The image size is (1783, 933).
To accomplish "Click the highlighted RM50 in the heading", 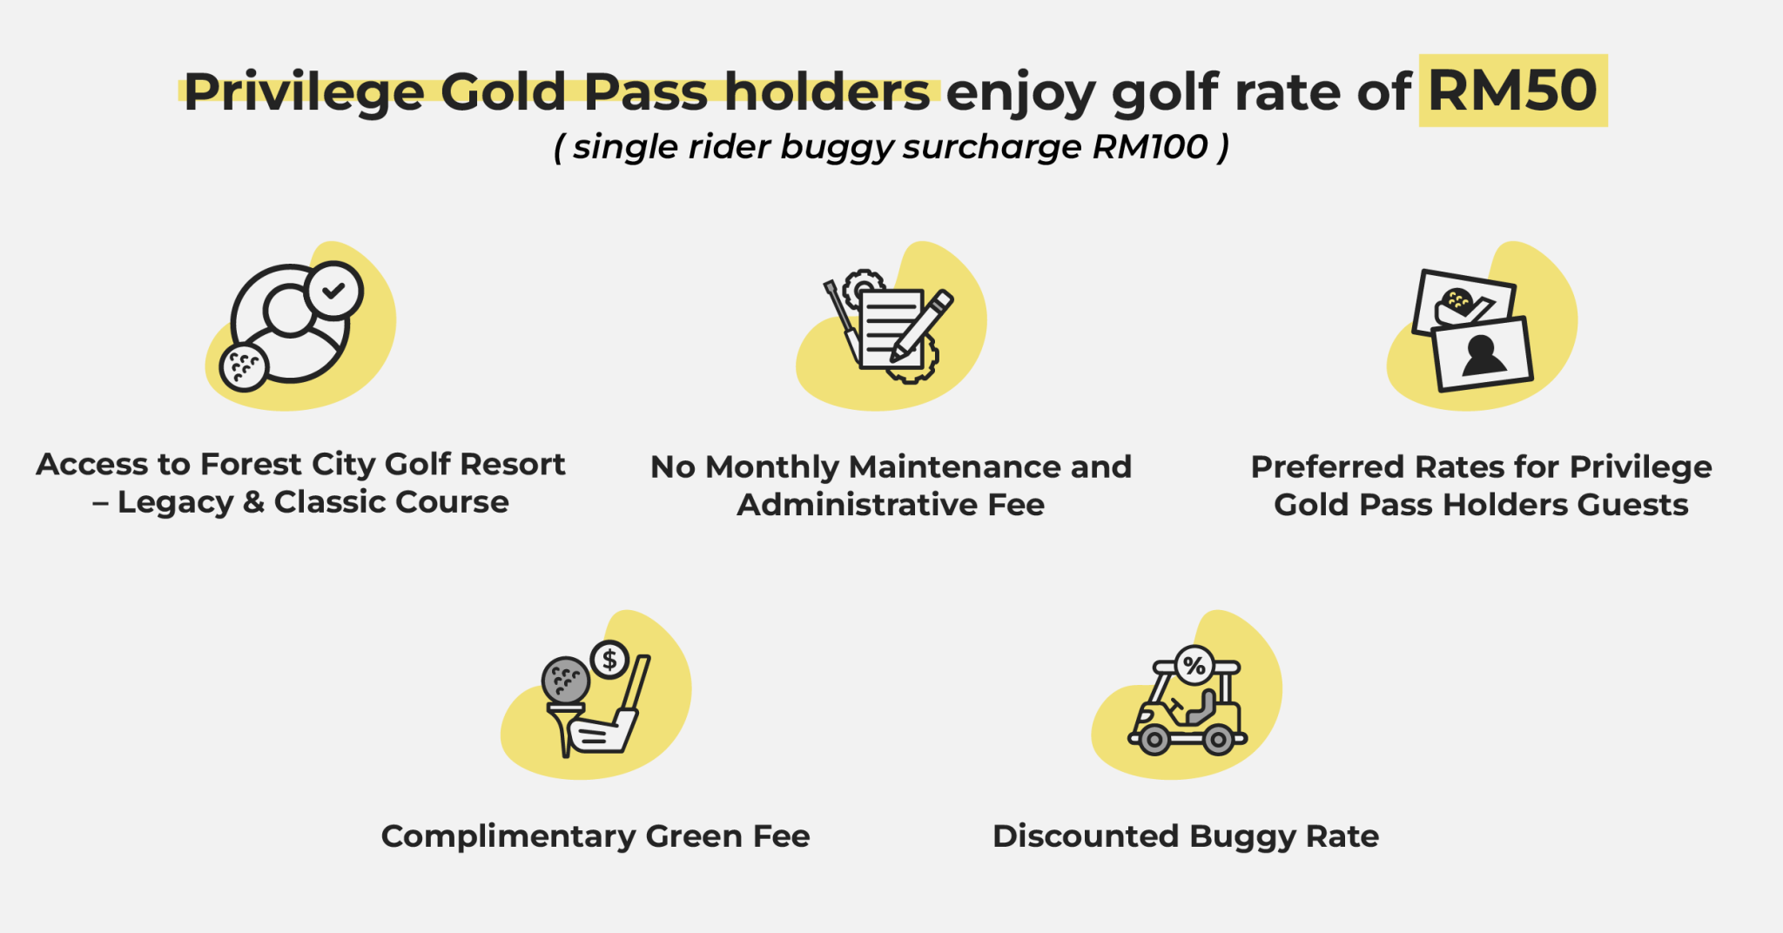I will (1513, 91).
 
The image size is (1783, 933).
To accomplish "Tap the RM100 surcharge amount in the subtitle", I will (1150, 147).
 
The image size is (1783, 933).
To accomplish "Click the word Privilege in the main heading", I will (304, 92).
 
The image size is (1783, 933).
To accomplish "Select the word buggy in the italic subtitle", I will (837, 148).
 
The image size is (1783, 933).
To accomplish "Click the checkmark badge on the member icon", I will (334, 290).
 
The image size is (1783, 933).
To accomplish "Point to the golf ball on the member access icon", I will (244, 367).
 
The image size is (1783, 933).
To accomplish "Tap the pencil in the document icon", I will (922, 326).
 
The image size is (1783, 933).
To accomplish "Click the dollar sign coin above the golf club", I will (609, 660).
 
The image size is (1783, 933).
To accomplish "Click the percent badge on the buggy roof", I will (1194, 667).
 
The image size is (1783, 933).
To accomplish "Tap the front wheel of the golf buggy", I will (1154, 741).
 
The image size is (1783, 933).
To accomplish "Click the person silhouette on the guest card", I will (1483, 355).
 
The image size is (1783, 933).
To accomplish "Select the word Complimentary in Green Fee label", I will (508, 836).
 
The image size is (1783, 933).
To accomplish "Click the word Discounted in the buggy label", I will (1086, 836).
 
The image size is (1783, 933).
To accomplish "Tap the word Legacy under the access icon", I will (175, 503).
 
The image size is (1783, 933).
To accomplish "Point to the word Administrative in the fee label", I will (858, 505).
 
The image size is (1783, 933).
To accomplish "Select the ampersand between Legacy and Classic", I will (253, 502).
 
